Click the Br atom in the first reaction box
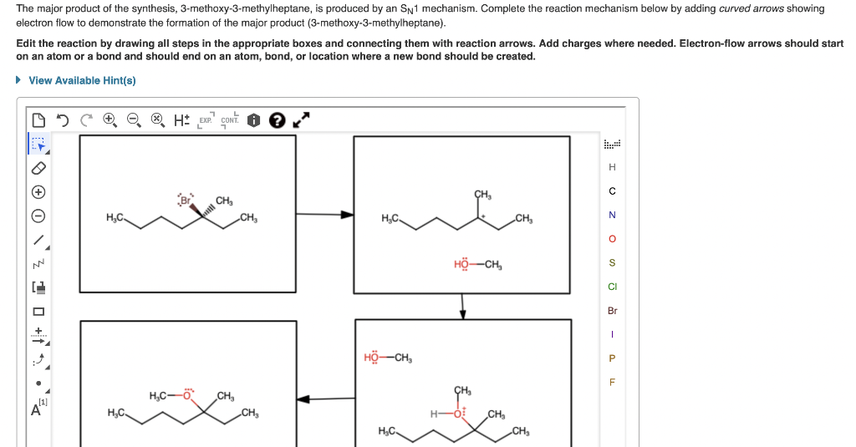pos(185,201)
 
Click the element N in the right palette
pos(612,215)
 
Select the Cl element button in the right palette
pos(612,287)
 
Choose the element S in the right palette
pos(612,262)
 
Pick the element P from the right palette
pos(612,358)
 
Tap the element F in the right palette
pos(612,383)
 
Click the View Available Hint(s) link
pos(82,80)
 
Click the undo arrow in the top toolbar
pos(61,120)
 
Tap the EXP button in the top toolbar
pos(205,120)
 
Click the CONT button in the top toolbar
pos(230,120)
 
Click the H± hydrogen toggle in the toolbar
pos(181,120)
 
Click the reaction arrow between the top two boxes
pos(325,215)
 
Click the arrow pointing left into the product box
pos(325,399)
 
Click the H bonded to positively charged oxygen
pos(434,414)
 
